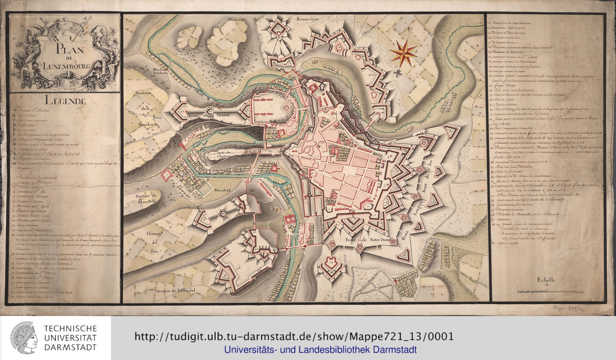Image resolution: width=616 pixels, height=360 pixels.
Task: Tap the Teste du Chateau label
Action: pyautogui.click(x=221, y=154)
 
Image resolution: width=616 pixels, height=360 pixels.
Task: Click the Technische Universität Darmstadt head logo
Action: pyautogui.click(x=24, y=338)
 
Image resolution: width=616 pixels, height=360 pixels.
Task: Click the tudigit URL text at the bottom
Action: pyautogui.click(x=294, y=337)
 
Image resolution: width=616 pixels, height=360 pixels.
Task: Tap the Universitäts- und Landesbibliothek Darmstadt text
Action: pyautogui.click(x=320, y=350)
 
